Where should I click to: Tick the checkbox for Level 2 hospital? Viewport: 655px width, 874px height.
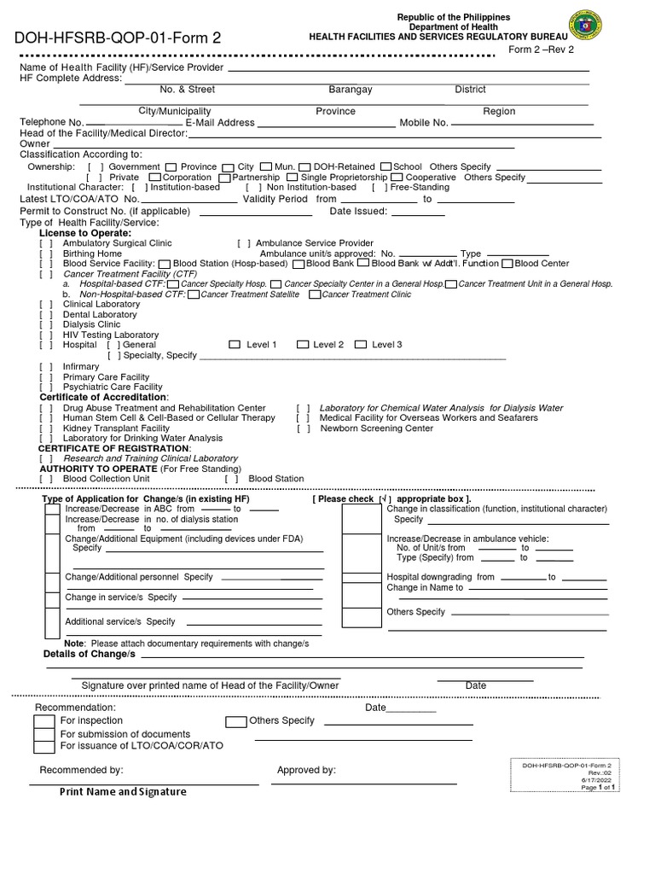pos(302,345)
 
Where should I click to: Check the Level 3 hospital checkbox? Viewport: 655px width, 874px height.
pos(361,345)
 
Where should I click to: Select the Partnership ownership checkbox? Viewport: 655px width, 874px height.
pos(224,178)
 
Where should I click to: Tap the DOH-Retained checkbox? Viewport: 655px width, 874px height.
pos(305,166)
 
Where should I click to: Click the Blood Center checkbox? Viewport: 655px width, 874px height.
pos(507,264)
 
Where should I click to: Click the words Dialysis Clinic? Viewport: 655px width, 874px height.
pos(92,325)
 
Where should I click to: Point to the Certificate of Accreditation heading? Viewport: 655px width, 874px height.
pos(104,398)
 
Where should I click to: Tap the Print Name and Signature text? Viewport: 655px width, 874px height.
pos(123,792)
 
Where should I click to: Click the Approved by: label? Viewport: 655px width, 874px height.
pos(306,770)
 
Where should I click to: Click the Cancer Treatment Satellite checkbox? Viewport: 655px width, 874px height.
pos(194,294)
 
